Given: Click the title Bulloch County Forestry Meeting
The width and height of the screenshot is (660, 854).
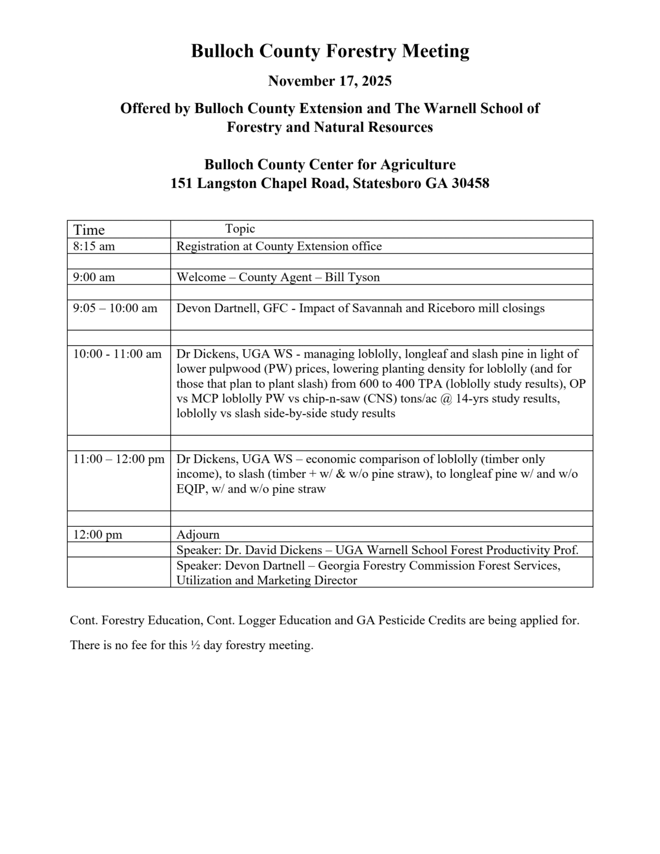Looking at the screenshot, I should point(330,51).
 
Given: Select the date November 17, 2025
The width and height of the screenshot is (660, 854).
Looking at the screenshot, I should point(329,81).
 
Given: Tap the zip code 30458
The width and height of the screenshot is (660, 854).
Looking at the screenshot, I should point(470,184).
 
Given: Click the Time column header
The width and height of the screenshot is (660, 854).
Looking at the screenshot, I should point(89,230).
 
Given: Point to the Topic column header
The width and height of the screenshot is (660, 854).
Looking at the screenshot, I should point(240,229).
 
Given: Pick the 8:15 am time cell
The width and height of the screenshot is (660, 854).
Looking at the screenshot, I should point(94,247).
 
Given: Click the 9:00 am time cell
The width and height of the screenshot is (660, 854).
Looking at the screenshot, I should point(94,278).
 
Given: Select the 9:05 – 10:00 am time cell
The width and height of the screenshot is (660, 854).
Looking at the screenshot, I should point(115,309).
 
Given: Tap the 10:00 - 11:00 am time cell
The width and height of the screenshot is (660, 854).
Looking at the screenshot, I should point(117,354).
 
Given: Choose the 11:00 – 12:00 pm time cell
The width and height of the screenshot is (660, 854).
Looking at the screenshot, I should point(119,459).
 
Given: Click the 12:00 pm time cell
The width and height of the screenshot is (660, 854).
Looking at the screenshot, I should point(98,535).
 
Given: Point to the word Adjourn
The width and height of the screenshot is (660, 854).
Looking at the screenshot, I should point(198,535).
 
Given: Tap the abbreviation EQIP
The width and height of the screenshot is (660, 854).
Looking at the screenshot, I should point(191,489).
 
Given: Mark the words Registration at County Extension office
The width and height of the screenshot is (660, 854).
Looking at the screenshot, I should point(279,247).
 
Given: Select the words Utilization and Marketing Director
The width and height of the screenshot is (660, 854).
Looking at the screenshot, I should point(267,581).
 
